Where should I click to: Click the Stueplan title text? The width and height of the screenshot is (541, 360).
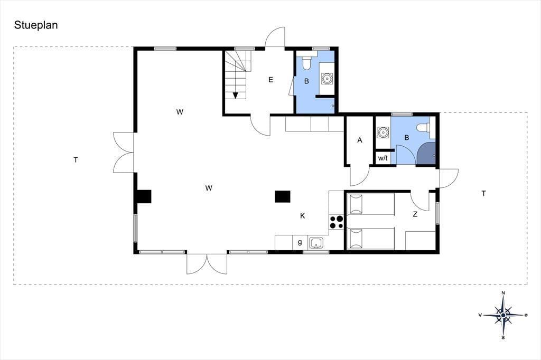click(36, 25)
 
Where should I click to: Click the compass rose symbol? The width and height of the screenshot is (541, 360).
click(503, 315)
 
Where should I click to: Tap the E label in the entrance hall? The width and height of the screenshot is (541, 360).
click(271, 80)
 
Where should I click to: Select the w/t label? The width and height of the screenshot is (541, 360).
click(383, 158)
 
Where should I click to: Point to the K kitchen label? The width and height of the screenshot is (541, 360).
click(303, 216)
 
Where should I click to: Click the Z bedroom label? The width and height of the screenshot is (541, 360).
click(415, 214)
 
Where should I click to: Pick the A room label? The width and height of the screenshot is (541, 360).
click(360, 140)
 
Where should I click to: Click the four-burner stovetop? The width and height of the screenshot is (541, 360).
click(337, 222)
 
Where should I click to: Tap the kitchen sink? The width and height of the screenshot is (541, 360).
click(316, 243)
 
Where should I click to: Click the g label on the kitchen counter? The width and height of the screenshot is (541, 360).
click(300, 242)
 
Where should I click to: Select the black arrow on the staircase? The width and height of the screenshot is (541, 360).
click(236, 95)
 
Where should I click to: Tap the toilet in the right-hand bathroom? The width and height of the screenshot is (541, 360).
click(424, 128)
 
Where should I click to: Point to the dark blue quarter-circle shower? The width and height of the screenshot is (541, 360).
click(427, 154)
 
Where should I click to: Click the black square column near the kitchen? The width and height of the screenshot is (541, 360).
click(283, 196)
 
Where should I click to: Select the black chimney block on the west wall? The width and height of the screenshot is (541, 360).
click(144, 196)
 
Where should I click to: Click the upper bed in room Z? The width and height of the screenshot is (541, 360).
click(371, 204)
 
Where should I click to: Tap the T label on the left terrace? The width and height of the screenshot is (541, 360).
click(76, 159)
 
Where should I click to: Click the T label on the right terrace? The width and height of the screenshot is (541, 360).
click(484, 193)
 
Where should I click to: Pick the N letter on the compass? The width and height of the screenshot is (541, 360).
click(503, 293)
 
